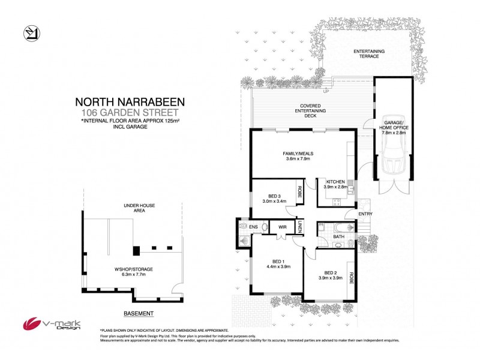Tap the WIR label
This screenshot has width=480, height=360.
coord(281,227)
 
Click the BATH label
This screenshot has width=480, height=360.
coord(339,237)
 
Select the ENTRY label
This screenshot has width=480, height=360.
coord(365,214)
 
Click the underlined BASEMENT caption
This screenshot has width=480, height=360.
coord(139,313)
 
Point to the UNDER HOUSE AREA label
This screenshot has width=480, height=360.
coord(139,209)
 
